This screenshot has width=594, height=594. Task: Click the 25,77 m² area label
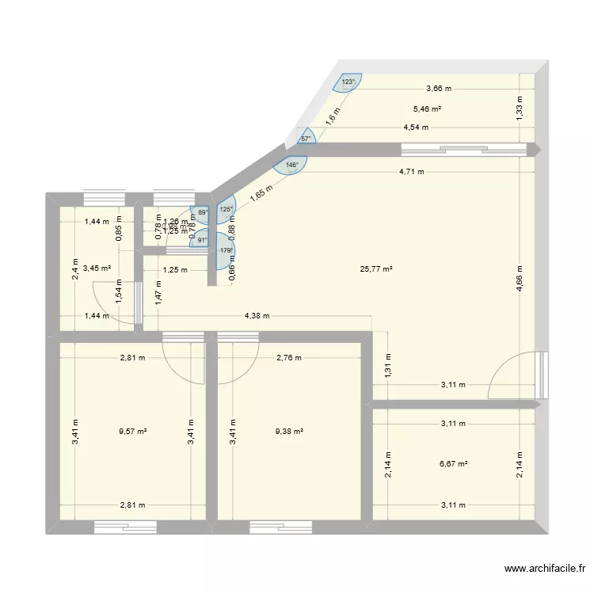(x=377, y=269)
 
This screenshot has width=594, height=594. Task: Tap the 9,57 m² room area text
(x=132, y=432)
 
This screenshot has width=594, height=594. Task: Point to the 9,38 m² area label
(x=289, y=432)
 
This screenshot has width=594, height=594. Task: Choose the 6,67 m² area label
(x=453, y=464)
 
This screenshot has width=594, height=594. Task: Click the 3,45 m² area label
(x=97, y=269)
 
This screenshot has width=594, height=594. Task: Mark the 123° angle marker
(x=348, y=82)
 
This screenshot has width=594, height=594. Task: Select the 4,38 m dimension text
(x=256, y=316)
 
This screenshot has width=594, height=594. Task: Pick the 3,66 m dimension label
(x=440, y=89)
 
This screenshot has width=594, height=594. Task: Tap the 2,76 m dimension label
(x=289, y=357)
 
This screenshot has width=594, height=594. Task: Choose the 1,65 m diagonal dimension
(x=261, y=194)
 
